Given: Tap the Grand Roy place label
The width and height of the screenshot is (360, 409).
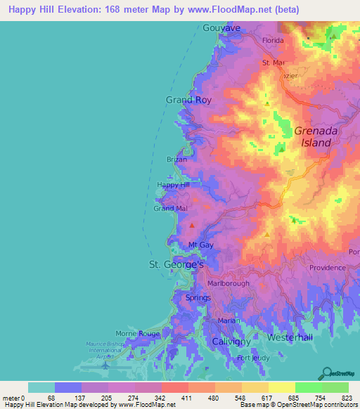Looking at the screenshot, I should point(188,100).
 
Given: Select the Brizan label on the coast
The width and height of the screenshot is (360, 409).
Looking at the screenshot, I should point(176,160).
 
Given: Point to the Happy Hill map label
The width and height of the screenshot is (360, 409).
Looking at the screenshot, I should point(174,185).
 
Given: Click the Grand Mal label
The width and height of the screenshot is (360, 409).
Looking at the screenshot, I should point(170,209).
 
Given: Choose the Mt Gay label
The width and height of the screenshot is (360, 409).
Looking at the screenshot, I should point(200,245).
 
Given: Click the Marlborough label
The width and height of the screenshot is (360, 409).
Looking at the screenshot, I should point(229,283).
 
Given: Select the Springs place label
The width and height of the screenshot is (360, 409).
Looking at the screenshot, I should point(198,298).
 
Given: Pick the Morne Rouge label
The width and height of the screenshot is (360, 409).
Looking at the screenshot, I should point(139,334).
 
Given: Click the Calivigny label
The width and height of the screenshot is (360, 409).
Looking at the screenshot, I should point(231,341).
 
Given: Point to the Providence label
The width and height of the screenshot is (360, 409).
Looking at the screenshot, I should point(327,267).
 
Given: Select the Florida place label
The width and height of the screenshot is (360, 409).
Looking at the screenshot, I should point(273,41).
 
